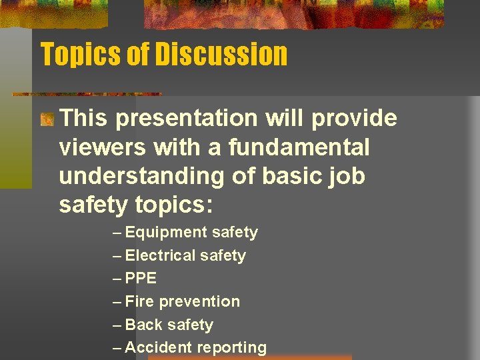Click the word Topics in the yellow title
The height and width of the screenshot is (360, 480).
tap(80, 54)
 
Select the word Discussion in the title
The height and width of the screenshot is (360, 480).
tap(221, 54)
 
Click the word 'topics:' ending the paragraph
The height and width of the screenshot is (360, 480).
tap(173, 205)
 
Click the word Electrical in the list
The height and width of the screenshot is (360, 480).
tap(160, 255)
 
